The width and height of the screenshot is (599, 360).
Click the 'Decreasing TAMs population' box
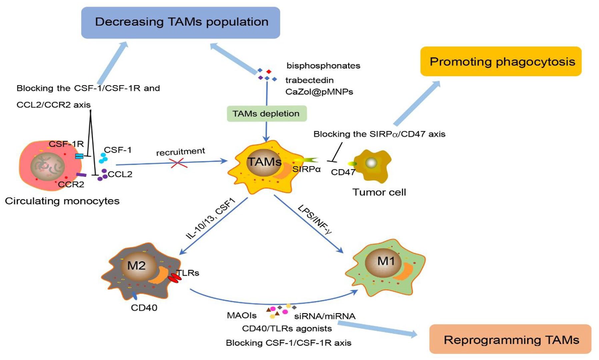click(x=180, y=23)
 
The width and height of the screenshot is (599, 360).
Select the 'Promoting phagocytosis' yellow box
click(x=501, y=61)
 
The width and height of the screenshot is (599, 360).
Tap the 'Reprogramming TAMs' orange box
click(x=510, y=339)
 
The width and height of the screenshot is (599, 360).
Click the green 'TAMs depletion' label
click(x=266, y=114)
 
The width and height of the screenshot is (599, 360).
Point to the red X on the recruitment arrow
click(x=178, y=163)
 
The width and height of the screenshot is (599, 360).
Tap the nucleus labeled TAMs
click(x=264, y=162)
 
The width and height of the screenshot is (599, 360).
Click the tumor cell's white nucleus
click(x=371, y=163)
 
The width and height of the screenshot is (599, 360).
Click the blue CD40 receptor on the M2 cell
click(x=134, y=295)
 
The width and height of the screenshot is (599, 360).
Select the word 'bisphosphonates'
click(x=323, y=66)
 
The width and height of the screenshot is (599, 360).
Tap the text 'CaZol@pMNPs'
click(x=319, y=92)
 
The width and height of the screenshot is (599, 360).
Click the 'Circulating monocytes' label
click(x=62, y=201)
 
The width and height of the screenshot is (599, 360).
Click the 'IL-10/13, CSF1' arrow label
click(x=211, y=218)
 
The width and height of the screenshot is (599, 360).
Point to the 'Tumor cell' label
click(x=379, y=192)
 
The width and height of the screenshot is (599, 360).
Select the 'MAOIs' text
click(x=242, y=315)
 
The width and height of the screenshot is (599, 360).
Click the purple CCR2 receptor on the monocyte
click(x=81, y=175)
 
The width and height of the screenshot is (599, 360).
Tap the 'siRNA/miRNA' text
click(x=325, y=316)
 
